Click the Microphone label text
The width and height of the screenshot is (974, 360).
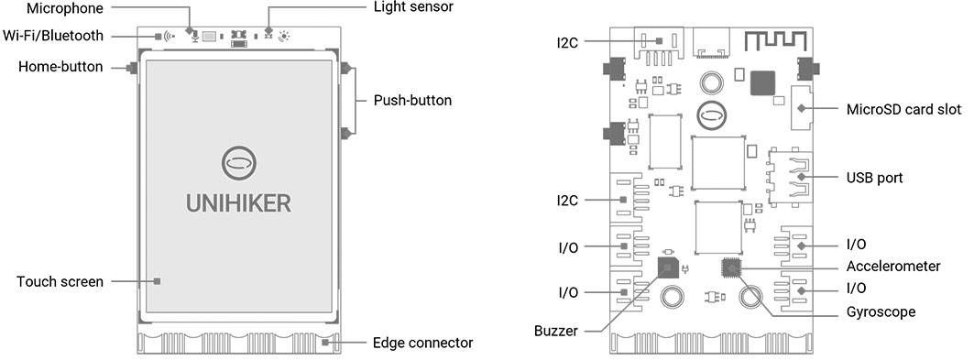(x=65, y=8)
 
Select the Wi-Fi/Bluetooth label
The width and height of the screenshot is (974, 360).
(x=53, y=36)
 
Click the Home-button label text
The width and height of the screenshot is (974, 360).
(x=60, y=67)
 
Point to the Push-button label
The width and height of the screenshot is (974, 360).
(x=412, y=100)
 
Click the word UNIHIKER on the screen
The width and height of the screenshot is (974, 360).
(x=239, y=203)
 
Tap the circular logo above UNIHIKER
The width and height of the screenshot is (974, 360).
(x=239, y=163)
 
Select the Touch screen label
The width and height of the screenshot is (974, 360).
(x=60, y=282)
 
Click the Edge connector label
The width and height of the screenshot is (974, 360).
(x=423, y=343)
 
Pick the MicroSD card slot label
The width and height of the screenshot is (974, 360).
(x=903, y=109)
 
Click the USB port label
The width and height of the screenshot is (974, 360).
(x=875, y=178)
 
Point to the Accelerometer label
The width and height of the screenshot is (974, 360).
(x=893, y=267)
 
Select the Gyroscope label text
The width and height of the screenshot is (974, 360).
(x=881, y=311)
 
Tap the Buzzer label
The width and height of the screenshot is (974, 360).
(x=556, y=332)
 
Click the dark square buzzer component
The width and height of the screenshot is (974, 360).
(x=668, y=267)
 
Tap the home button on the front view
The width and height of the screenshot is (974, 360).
(x=132, y=68)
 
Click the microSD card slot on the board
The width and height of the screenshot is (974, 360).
(x=802, y=108)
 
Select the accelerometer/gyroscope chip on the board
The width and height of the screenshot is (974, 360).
(x=732, y=267)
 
